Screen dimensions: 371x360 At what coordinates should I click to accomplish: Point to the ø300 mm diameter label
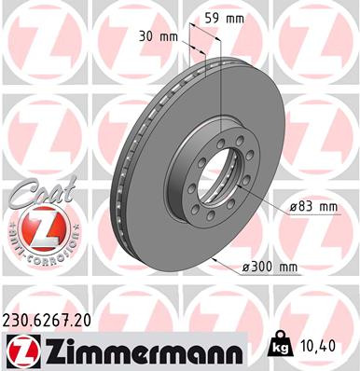coord(269,268)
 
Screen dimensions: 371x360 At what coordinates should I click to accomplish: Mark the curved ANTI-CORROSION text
coord(35,252)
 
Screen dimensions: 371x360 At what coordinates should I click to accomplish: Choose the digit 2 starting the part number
coord(9,318)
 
